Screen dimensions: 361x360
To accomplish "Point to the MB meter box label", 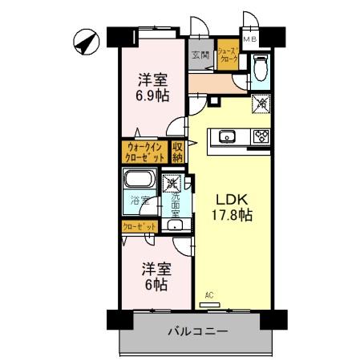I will tap(250, 38).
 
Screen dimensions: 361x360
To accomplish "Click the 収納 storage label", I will tap(178, 152).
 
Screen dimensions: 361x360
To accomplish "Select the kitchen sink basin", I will tap(226, 136).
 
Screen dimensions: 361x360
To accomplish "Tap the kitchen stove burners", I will tap(261, 136).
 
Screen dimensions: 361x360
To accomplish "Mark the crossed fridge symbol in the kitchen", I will tap(261, 103).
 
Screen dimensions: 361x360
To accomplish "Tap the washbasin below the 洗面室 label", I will tap(177, 226).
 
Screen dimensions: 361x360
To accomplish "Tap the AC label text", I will tap(209, 295).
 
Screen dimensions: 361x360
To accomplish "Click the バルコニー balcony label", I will tap(198, 331).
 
